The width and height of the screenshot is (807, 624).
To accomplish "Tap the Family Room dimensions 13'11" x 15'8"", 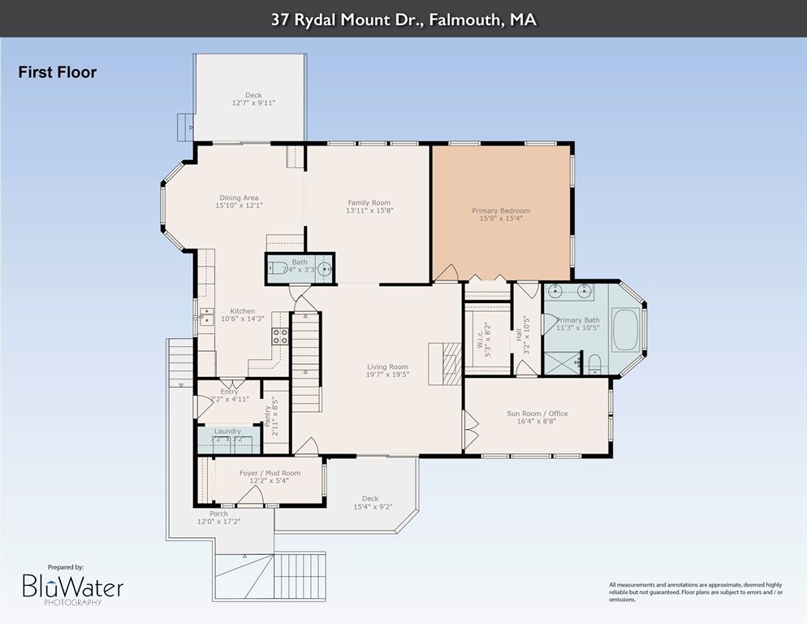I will (x=369, y=212).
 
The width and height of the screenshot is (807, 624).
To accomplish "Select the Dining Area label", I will (x=239, y=197).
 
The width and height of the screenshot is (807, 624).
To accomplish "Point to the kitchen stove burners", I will (x=280, y=336).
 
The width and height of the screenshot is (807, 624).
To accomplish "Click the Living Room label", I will (x=387, y=367).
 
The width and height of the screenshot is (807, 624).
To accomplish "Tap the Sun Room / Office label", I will (x=537, y=414).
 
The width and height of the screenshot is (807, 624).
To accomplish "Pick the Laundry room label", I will (x=227, y=431).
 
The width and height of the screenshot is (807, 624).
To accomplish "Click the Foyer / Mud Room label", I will (x=270, y=473).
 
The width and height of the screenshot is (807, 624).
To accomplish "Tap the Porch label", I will (x=218, y=513).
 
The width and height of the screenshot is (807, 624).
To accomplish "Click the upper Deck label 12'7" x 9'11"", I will (x=253, y=95).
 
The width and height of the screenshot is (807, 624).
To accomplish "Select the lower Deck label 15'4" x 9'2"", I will (x=370, y=499).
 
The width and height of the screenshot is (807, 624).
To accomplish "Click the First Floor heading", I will (x=58, y=72).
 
